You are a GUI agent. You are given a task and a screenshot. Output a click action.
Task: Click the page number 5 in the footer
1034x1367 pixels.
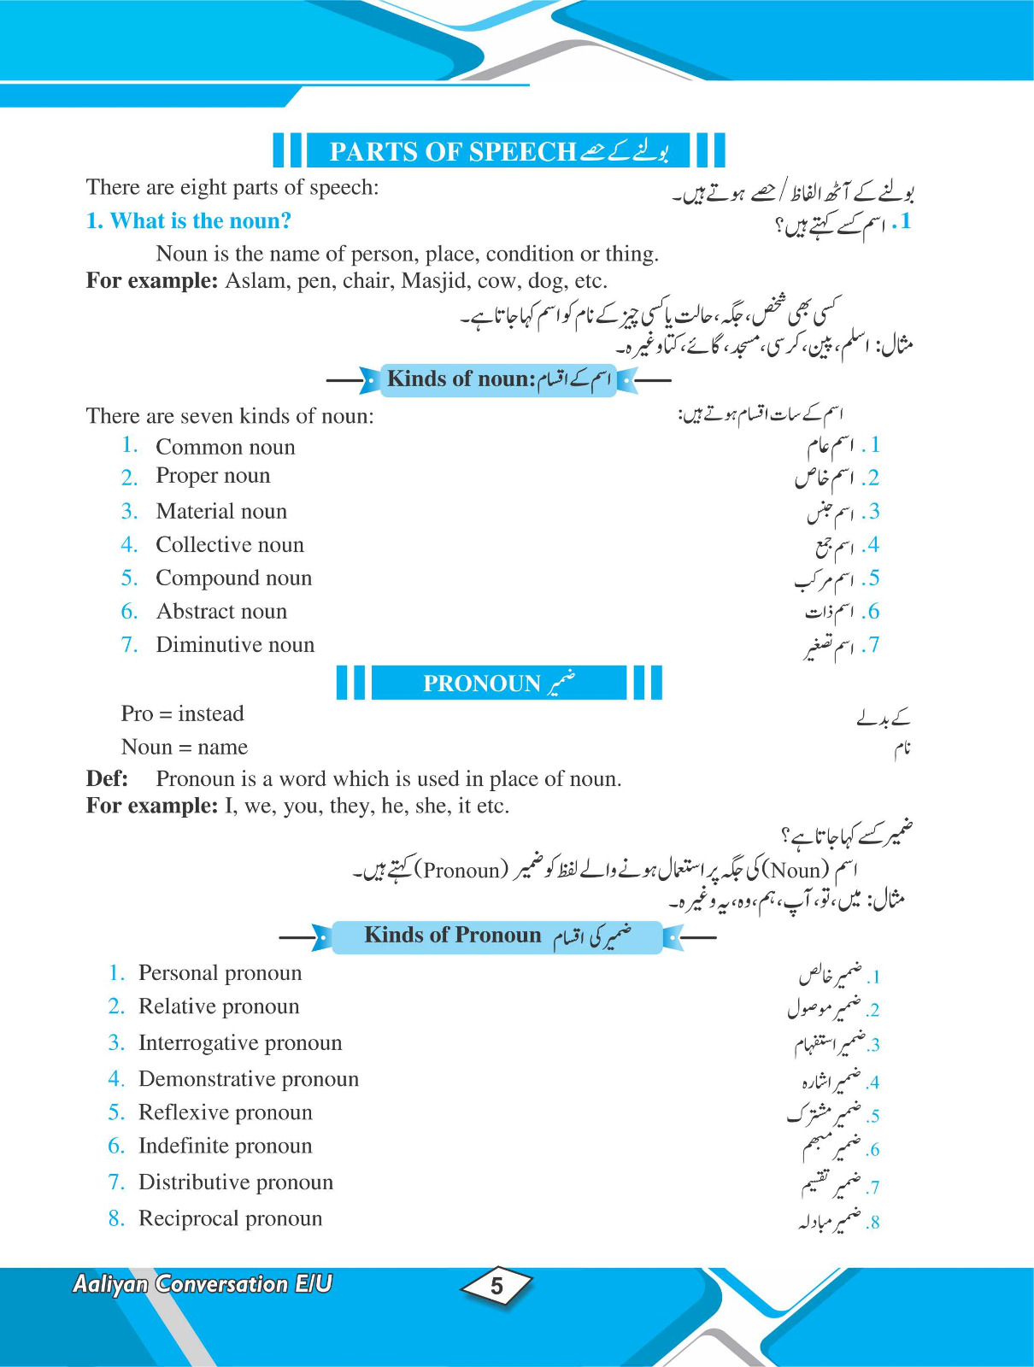point(496,1286)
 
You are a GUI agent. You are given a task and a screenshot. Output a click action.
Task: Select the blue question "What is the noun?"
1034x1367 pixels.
point(189,221)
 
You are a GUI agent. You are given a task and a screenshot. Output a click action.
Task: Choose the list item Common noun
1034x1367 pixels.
point(225,447)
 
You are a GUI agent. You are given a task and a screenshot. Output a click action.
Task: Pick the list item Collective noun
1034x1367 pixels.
point(229,545)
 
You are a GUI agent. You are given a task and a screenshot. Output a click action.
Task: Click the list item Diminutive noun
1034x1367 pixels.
point(235,645)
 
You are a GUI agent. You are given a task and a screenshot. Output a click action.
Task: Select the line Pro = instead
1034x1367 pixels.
point(182,714)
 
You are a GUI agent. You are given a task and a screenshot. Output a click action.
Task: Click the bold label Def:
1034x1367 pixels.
point(107,779)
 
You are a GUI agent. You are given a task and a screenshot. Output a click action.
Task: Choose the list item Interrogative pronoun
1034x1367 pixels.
point(239,1043)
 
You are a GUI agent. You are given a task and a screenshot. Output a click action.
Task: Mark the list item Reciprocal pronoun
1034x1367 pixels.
point(230,1219)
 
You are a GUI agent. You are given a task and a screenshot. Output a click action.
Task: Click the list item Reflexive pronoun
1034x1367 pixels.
point(225,1112)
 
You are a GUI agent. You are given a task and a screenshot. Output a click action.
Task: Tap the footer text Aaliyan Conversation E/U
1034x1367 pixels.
point(203,1284)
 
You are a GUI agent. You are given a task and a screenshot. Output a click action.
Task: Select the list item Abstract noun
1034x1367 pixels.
point(221,612)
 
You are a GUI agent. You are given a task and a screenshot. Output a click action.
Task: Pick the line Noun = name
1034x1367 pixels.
point(185,748)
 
